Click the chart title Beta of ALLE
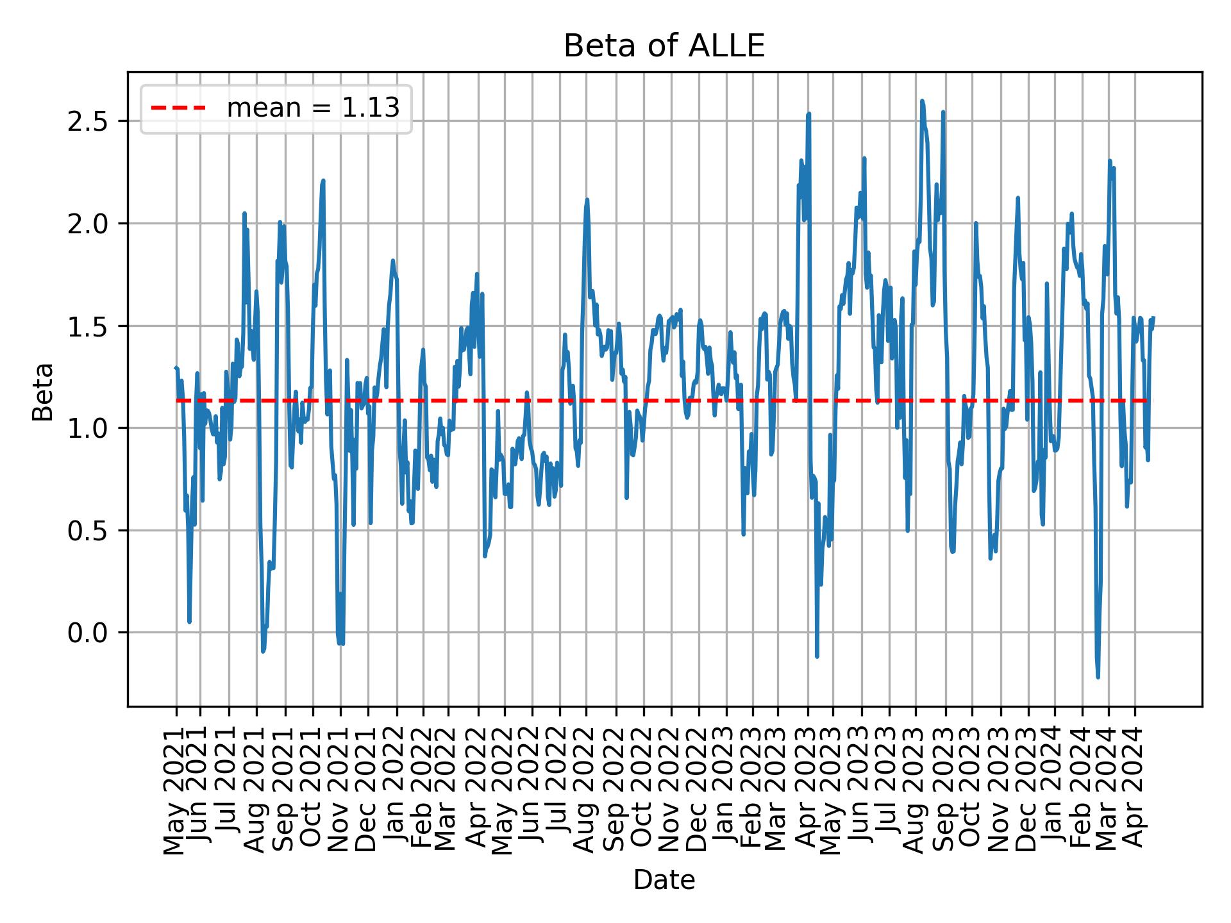coord(664,47)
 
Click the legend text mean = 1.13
coord(313,108)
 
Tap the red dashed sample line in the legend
coord(178,108)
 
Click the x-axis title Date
coord(664,880)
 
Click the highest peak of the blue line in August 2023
coord(922,101)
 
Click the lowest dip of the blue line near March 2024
coord(1098,676)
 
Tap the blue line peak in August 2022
coord(587,200)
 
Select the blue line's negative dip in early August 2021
coord(263,651)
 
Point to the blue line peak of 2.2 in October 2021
coord(323,181)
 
